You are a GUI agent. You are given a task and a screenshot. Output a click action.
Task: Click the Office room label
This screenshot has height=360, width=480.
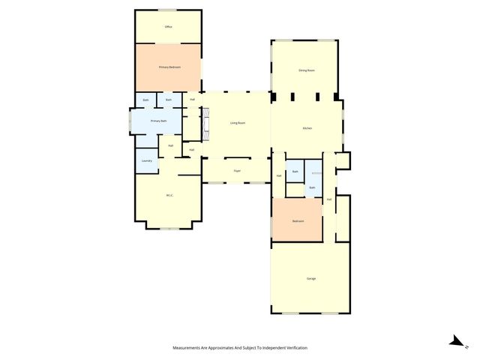(168, 28)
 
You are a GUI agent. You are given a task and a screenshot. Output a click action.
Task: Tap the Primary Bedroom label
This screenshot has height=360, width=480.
(168, 67)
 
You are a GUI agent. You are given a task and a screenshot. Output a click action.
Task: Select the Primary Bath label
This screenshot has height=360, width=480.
(157, 121)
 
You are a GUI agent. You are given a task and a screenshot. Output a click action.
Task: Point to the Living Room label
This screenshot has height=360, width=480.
(238, 122)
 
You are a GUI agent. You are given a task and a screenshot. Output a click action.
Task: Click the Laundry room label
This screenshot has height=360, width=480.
(147, 160)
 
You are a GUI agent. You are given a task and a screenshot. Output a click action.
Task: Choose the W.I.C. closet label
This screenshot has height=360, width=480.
(169, 196)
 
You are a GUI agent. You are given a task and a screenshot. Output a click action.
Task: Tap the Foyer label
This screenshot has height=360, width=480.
(237, 171)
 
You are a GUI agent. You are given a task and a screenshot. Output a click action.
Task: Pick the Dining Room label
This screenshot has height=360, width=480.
(306, 70)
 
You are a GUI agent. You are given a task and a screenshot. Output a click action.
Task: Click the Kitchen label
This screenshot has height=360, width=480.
(307, 128)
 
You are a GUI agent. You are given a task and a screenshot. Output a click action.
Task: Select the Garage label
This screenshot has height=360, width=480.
(310, 279)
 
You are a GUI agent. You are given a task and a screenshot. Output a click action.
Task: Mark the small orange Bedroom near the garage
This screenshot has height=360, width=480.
(298, 221)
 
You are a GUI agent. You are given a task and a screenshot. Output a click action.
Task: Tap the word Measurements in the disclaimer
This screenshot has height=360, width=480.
(187, 348)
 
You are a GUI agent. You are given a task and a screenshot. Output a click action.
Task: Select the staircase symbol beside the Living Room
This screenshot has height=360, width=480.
(205, 121)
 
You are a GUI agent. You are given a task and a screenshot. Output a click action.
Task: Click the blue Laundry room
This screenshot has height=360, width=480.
(147, 160)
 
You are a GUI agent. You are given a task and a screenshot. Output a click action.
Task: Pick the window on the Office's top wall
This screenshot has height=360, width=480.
(168, 10)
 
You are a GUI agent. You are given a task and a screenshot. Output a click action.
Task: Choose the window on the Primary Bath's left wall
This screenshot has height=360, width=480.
(130, 121)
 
